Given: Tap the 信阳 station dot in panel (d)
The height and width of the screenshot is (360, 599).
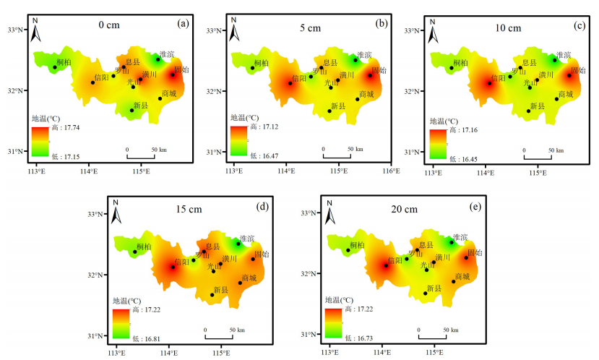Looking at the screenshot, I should (x=173, y=267).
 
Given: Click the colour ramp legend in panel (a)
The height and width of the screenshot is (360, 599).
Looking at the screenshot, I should (x=39, y=140).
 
